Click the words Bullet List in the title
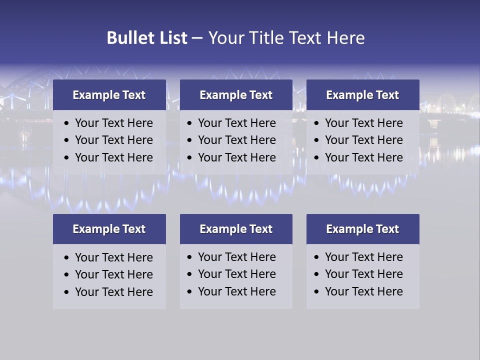[x=147, y=38]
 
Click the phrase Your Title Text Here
[x=286, y=38]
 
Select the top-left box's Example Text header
[x=109, y=95]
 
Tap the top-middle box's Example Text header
[x=236, y=95]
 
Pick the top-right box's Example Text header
[x=362, y=95]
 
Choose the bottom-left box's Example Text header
[x=109, y=229]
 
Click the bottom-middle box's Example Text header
[x=236, y=229]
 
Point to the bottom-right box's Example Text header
[x=362, y=229]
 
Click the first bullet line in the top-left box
[x=113, y=123]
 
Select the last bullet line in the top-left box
[x=113, y=157]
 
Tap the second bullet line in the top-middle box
[x=236, y=140]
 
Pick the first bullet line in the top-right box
[x=363, y=123]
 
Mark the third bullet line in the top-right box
[x=363, y=157]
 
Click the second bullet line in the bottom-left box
[x=113, y=274]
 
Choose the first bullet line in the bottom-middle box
[x=236, y=257]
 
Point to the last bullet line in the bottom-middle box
[x=236, y=291]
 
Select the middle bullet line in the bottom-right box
[x=363, y=274]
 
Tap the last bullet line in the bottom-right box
[x=363, y=291]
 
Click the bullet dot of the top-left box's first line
[x=67, y=123]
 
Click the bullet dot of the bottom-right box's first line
[x=316, y=257]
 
